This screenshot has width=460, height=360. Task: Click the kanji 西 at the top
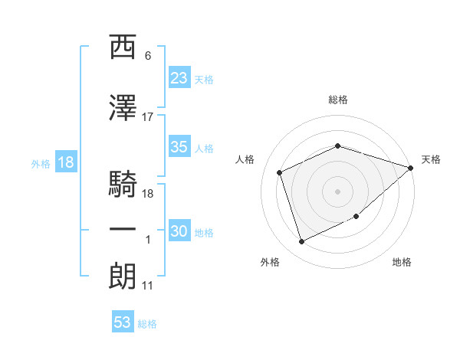(123, 47)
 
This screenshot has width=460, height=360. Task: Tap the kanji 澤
(123, 107)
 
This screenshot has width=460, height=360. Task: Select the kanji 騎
(123, 184)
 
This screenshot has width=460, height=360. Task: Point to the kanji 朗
(123, 276)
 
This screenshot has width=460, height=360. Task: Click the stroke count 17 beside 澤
(147, 117)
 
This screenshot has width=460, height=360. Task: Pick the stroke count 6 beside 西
(148, 56)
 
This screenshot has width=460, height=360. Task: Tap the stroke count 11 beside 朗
(147, 286)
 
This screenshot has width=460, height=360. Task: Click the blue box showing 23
(179, 77)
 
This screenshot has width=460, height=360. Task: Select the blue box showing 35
(179, 146)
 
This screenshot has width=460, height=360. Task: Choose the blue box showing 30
(179, 230)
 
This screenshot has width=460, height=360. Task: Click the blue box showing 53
(123, 321)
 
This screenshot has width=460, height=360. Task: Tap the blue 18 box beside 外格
(66, 162)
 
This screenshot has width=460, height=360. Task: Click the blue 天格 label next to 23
(204, 80)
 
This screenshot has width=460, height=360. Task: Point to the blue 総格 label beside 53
(147, 324)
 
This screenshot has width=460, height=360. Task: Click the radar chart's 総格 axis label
(338, 100)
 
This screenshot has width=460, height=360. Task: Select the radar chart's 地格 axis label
(402, 262)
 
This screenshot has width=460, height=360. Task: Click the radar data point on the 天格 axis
(410, 168)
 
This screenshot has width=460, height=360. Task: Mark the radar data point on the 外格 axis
(301, 242)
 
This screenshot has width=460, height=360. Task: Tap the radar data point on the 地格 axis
(356, 216)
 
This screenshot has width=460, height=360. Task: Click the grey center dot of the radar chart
(337, 191)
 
